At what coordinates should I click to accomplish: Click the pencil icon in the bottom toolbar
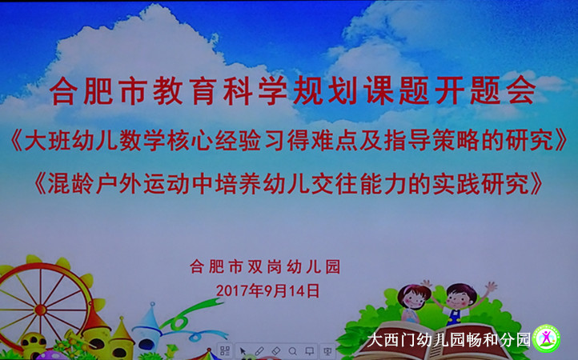(259, 350)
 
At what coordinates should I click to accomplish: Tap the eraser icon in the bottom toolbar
(275, 350)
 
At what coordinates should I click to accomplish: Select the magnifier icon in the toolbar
(293, 350)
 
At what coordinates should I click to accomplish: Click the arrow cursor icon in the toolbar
(243, 350)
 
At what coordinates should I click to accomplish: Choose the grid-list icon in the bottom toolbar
(224, 350)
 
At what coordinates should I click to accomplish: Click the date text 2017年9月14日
(267, 290)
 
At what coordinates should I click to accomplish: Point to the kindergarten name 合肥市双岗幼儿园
(265, 266)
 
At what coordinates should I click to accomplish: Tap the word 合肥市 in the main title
(98, 90)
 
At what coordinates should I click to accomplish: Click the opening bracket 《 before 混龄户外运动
(41, 183)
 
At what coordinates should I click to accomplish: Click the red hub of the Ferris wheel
(40, 310)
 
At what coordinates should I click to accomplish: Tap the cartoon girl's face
(413, 297)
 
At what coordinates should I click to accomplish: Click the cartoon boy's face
(460, 298)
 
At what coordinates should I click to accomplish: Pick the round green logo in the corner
(546, 338)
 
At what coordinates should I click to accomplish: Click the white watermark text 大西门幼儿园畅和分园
(448, 340)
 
